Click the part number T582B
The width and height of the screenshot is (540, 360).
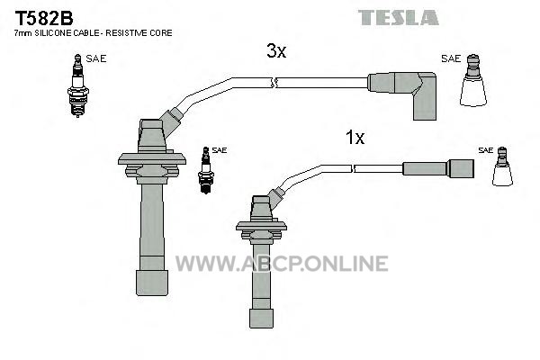[x=44, y=18]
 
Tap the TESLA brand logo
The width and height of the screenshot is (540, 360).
[x=399, y=18]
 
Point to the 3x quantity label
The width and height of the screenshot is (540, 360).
[x=276, y=51]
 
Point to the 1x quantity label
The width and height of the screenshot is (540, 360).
[x=355, y=138]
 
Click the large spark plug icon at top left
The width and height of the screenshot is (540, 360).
[x=78, y=85]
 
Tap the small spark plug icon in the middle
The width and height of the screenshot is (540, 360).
[x=206, y=170]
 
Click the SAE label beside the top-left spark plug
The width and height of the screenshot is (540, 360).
[x=96, y=58]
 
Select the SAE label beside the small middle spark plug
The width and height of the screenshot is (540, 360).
[x=220, y=150]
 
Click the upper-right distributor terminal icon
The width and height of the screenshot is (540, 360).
[x=473, y=80]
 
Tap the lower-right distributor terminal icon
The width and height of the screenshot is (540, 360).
[x=502, y=166]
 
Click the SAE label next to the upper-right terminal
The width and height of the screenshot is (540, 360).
[x=451, y=58]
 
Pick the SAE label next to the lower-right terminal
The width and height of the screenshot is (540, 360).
[x=486, y=150]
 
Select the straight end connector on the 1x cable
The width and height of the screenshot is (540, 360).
[x=438, y=169]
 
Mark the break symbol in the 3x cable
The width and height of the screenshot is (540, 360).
[x=274, y=83]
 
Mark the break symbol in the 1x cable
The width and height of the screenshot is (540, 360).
[x=353, y=169]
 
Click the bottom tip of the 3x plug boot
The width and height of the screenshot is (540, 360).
[x=152, y=295]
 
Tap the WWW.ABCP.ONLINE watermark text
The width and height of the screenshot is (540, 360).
[x=282, y=264]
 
